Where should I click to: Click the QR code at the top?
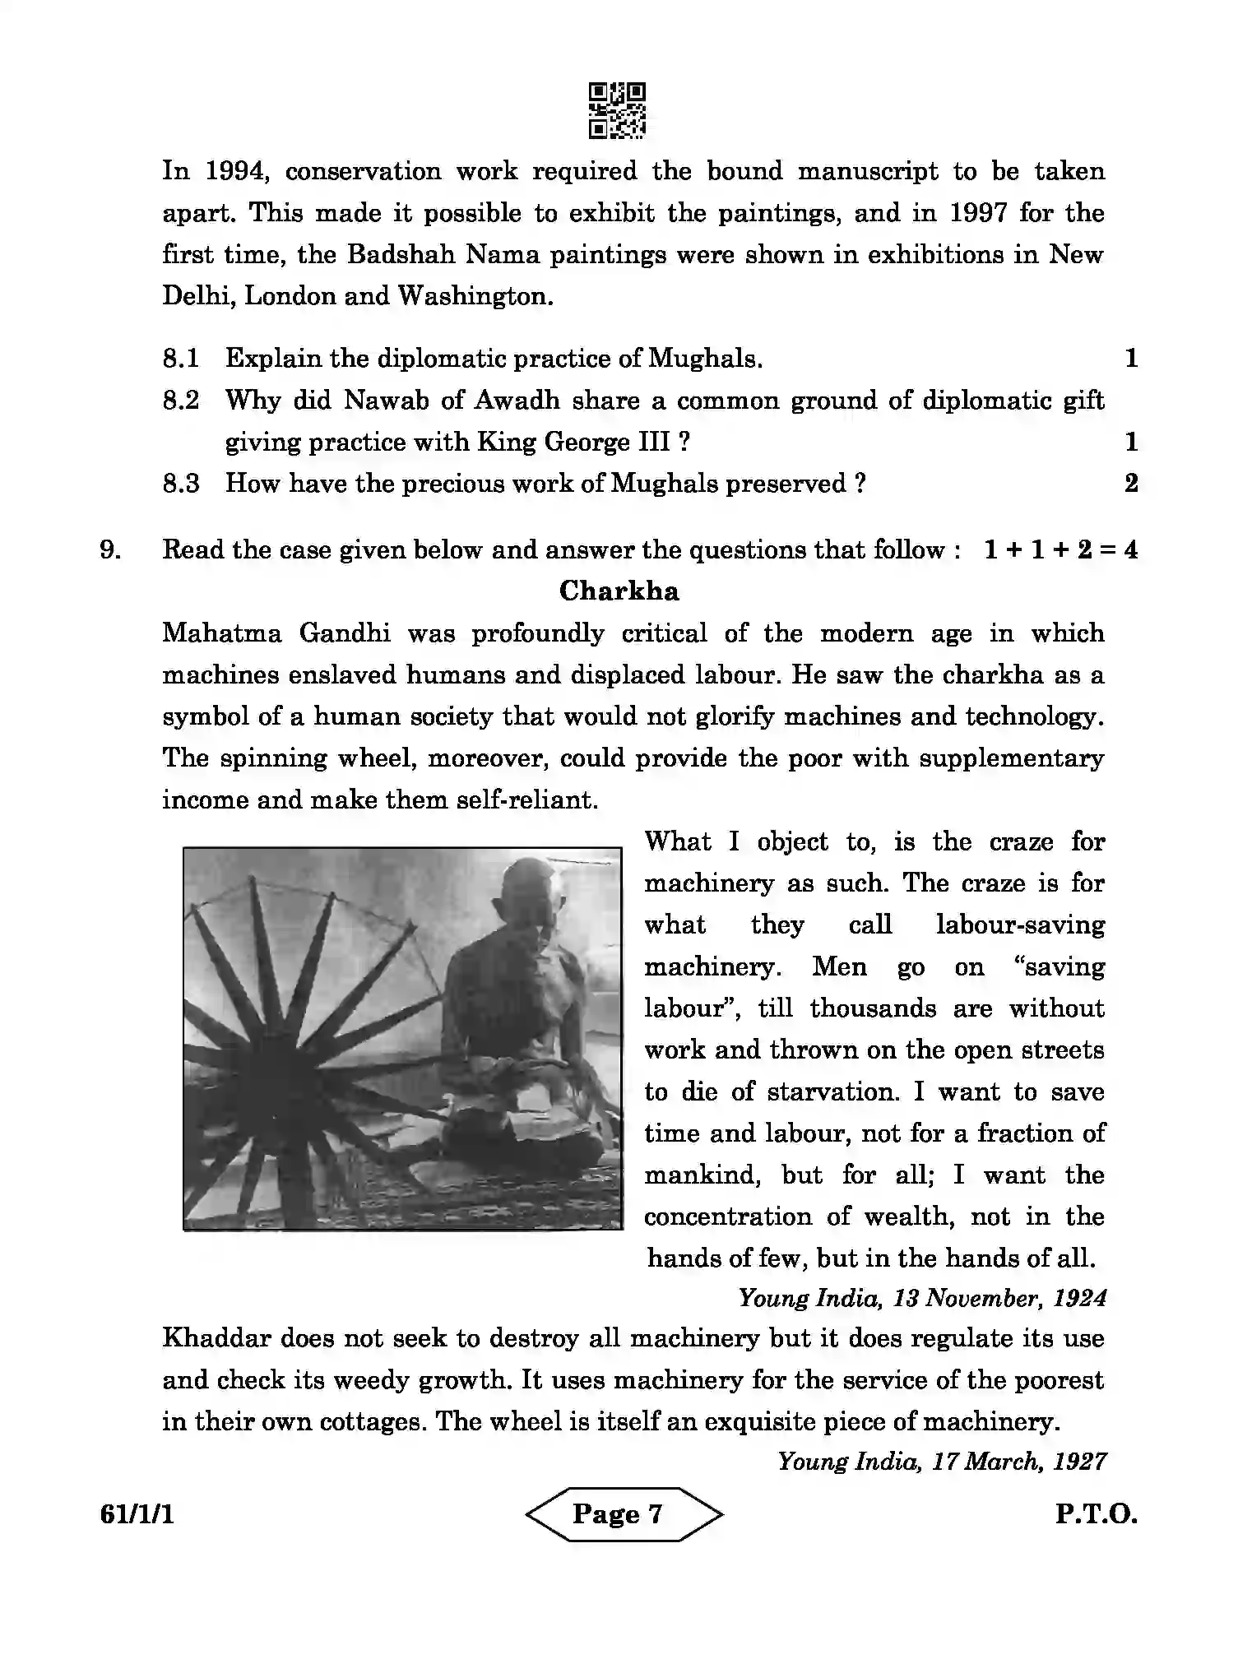617,109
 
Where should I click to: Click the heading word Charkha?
619,591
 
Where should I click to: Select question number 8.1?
180,359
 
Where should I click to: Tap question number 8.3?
180,484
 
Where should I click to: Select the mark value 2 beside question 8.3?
1131,484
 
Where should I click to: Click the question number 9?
111,549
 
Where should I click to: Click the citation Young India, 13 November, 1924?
921,1299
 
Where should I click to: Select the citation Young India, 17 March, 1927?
941,1462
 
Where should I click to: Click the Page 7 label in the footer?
618,1513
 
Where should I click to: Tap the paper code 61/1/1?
137,1514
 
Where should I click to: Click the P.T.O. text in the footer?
1096,1514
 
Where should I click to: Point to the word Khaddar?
216,1338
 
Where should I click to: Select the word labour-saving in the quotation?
1020,925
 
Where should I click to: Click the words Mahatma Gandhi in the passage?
276,633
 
